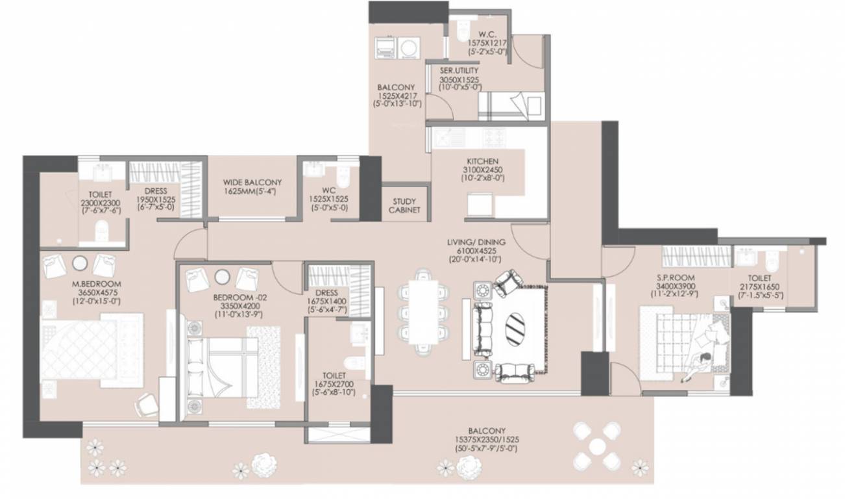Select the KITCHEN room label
coord(482,160)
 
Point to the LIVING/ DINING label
coord(476,242)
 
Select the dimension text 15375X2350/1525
coord(486,439)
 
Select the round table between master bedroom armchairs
coord(79,262)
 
